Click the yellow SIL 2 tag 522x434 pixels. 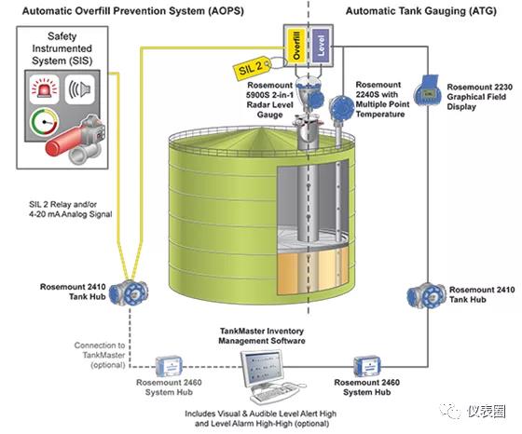click(252, 69)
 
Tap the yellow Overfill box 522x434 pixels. click(296, 46)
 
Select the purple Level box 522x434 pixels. click(321, 46)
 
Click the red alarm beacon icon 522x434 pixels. click(45, 89)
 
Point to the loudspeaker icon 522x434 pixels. click(80, 89)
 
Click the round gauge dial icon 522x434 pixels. click(45, 123)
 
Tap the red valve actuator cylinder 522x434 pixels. click(63, 142)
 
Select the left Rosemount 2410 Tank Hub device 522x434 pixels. click(129, 293)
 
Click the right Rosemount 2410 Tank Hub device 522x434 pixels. click(427, 295)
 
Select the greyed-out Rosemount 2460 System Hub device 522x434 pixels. click(169, 367)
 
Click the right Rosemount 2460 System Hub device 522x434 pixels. click(367, 367)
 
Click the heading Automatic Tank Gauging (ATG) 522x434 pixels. click(421, 11)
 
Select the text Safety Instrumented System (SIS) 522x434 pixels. click(62, 48)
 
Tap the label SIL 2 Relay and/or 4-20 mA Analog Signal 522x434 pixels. click(70, 210)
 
